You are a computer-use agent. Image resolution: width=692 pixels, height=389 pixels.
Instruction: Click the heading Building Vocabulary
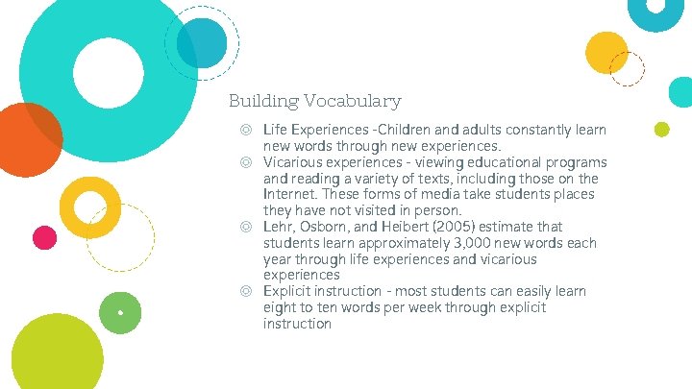314,101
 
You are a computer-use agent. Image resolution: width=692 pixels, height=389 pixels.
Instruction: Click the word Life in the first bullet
275,130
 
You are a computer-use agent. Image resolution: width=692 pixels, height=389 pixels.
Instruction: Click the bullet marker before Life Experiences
247,130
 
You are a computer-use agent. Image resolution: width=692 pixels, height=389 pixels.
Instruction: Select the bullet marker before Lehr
247,228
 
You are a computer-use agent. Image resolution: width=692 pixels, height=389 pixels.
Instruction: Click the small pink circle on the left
44,236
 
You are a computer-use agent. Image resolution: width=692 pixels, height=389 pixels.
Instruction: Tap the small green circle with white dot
120,312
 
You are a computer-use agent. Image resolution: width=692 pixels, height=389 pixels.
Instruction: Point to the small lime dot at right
661,130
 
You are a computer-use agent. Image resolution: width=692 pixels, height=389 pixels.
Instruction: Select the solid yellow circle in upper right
606,52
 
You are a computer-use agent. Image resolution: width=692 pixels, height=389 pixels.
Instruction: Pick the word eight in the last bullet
280,307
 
